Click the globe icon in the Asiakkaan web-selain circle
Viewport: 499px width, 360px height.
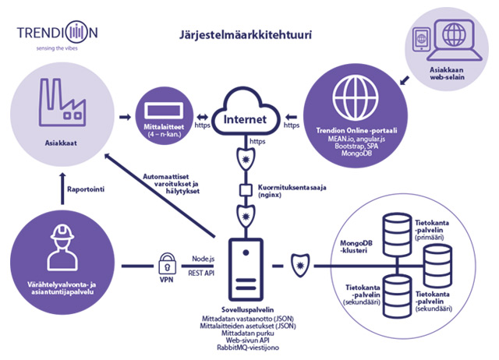click(x=448, y=39)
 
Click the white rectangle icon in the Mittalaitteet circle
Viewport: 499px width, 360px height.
click(x=165, y=107)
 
